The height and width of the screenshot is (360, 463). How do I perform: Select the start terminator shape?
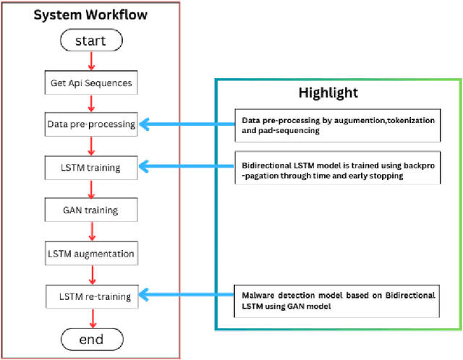[x=90, y=41]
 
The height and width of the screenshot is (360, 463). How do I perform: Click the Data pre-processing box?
[x=90, y=124]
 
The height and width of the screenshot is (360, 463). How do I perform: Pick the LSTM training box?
[x=90, y=168]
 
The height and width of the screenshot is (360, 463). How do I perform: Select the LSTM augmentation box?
[x=90, y=254]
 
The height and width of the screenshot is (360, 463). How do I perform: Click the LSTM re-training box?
[x=90, y=296]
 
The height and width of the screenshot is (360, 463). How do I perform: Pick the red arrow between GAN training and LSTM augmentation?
[x=90, y=233]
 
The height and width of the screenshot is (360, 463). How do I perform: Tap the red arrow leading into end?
[x=90, y=317]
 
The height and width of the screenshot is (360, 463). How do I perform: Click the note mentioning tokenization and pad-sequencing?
[x=336, y=124]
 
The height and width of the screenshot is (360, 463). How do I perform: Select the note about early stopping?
[x=336, y=171]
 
